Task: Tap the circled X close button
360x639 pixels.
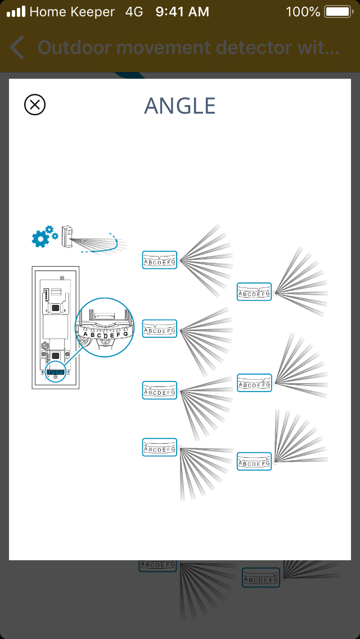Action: coord(35,105)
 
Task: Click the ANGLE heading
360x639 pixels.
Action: coord(180,106)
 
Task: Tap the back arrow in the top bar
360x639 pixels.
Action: coord(17,48)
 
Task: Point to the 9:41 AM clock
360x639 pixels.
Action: coord(182,11)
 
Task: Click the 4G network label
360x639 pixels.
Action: coord(134,11)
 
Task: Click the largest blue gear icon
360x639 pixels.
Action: coord(40,239)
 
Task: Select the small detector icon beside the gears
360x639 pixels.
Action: coord(69,236)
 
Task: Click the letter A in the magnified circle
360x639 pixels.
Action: coord(86,334)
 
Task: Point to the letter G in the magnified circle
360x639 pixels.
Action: coord(125,334)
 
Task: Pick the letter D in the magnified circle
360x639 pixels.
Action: coord(105,336)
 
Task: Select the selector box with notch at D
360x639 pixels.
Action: coord(160,260)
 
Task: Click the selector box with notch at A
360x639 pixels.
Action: coord(160,447)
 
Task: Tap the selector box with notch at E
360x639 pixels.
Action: coord(254,291)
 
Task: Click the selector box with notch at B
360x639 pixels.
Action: coord(160,389)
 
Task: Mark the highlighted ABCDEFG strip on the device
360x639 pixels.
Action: coord(55,372)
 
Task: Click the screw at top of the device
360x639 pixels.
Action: coord(61,276)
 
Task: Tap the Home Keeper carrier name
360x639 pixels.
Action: coord(72,11)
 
